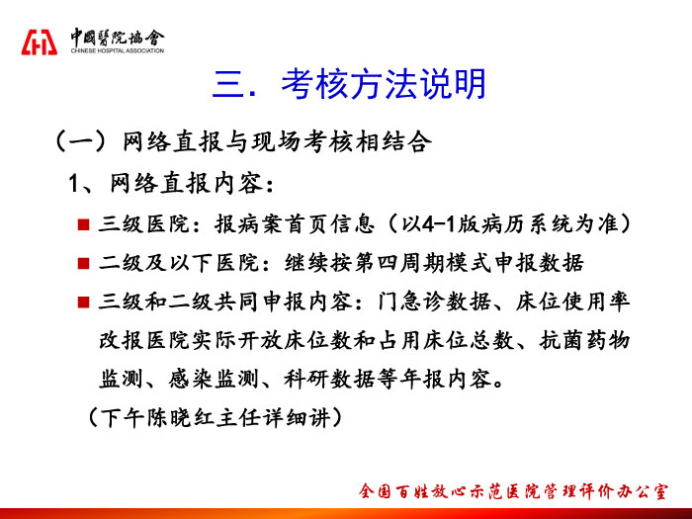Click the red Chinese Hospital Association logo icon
(x=40, y=43)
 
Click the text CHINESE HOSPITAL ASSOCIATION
(x=118, y=50)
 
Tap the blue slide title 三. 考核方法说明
(x=349, y=84)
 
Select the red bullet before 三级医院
(x=83, y=224)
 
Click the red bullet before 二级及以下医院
(x=83, y=264)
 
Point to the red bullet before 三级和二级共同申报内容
(x=83, y=303)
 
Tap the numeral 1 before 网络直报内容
(x=74, y=183)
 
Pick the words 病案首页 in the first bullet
(x=272, y=224)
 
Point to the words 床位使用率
(x=572, y=302)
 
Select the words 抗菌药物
(x=584, y=341)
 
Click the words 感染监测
(x=214, y=379)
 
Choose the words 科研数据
(x=329, y=379)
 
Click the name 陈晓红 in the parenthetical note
(x=180, y=417)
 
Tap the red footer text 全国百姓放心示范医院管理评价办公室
(x=513, y=491)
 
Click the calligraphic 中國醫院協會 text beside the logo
(x=118, y=38)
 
